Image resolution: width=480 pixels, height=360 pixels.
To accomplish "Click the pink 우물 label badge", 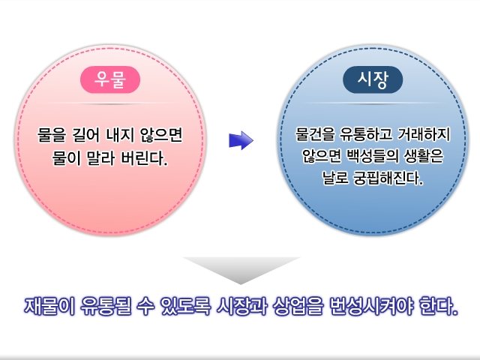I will click(110, 80).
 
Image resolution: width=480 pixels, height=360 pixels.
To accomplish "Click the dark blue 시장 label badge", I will click(373, 80).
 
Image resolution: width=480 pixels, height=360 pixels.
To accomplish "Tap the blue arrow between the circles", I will click(241, 140).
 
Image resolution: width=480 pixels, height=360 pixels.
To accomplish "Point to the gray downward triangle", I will click(241, 268).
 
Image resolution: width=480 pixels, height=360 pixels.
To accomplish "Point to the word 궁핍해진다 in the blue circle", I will click(389, 180).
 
